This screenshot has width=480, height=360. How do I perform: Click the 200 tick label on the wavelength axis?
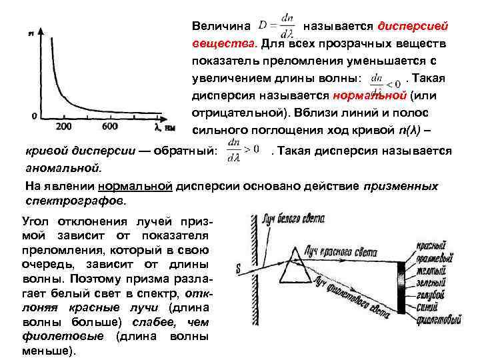point(64,126)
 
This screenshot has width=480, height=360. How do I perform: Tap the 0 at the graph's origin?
point(34,116)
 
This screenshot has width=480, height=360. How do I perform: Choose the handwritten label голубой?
point(429,295)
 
